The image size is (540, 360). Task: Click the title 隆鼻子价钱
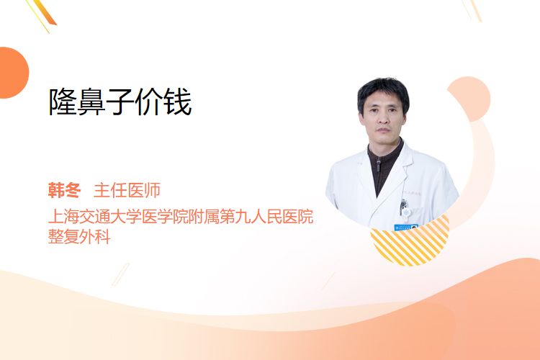coord(120,102)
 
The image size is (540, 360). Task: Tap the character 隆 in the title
coord(63,102)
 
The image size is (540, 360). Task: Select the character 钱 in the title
coord(178,102)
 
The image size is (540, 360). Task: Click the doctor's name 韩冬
coord(64,190)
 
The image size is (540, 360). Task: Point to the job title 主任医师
coord(127,190)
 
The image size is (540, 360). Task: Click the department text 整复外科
coord(79,237)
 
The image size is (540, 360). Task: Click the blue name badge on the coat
coord(406,228)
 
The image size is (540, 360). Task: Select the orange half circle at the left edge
coord(13,73)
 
